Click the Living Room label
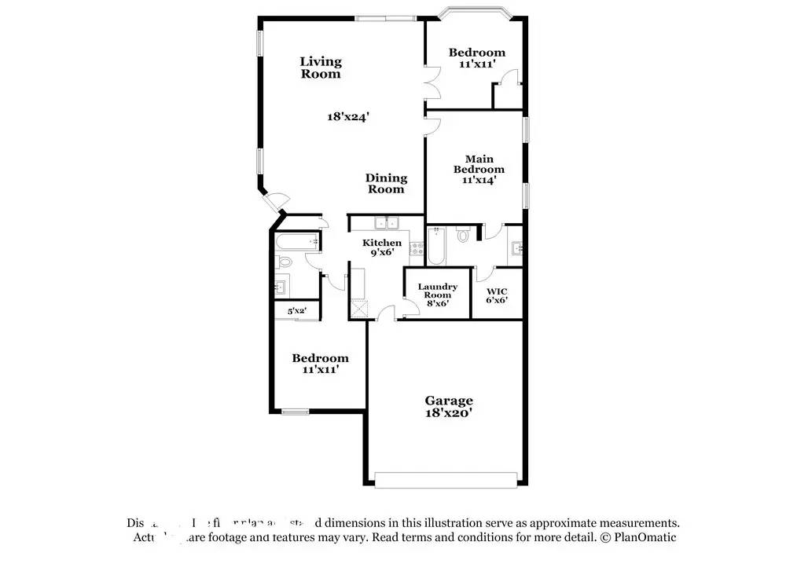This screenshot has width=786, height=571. tap(321, 68)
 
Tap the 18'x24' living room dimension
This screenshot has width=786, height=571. tap(348, 116)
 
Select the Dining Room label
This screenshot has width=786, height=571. tap(386, 183)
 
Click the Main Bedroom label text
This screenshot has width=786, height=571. tap(479, 164)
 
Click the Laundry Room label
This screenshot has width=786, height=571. tap(437, 291)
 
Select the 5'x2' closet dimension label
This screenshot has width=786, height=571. tap(296, 311)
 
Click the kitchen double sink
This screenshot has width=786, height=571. tap(387, 223)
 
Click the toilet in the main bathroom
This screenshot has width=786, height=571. tap(463, 234)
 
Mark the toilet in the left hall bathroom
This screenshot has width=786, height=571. tap(285, 262)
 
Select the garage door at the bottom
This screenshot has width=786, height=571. tap(446, 478)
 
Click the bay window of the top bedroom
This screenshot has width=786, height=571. tap(476, 14)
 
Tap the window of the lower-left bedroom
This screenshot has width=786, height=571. tap(296, 411)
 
